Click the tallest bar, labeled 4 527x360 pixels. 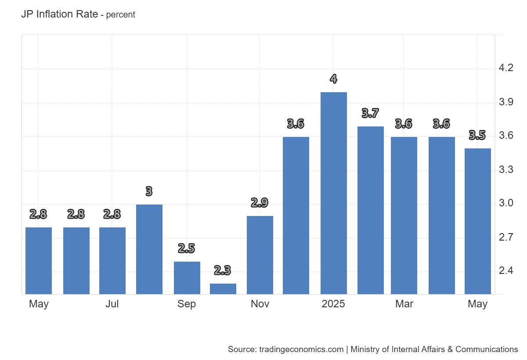pos(334,193)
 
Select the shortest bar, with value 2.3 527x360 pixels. pos(223,289)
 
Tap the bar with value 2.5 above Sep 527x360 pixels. pos(187,278)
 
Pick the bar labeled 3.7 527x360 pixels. pos(371,210)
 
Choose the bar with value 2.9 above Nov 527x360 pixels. pos(260,255)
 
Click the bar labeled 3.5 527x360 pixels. pos(478,221)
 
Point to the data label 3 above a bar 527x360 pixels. pos(149,191)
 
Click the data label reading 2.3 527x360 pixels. pos(223,270)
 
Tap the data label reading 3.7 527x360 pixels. pos(371,113)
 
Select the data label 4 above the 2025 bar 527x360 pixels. pos(334,79)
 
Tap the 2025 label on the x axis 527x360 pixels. pos(333,304)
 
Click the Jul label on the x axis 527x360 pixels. pos(112,304)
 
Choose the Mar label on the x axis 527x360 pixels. pos(404,304)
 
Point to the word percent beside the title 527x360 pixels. pos(121,15)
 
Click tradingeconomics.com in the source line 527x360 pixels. pos(301,349)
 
